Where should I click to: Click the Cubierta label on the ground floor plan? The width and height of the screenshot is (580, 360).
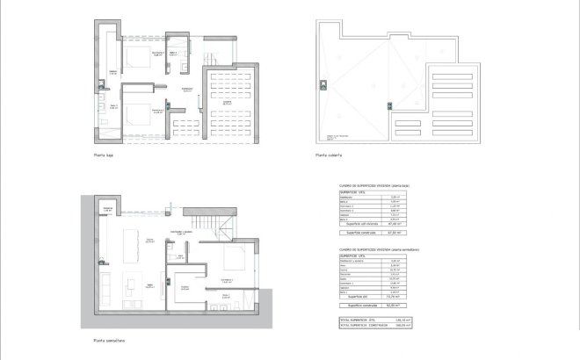click(226, 103)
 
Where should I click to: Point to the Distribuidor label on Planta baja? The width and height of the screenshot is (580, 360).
click(187, 90)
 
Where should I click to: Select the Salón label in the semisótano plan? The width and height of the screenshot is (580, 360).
click(150, 285)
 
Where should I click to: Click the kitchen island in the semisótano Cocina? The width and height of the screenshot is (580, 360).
click(131, 248)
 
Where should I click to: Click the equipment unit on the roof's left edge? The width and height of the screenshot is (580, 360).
click(323, 85)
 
